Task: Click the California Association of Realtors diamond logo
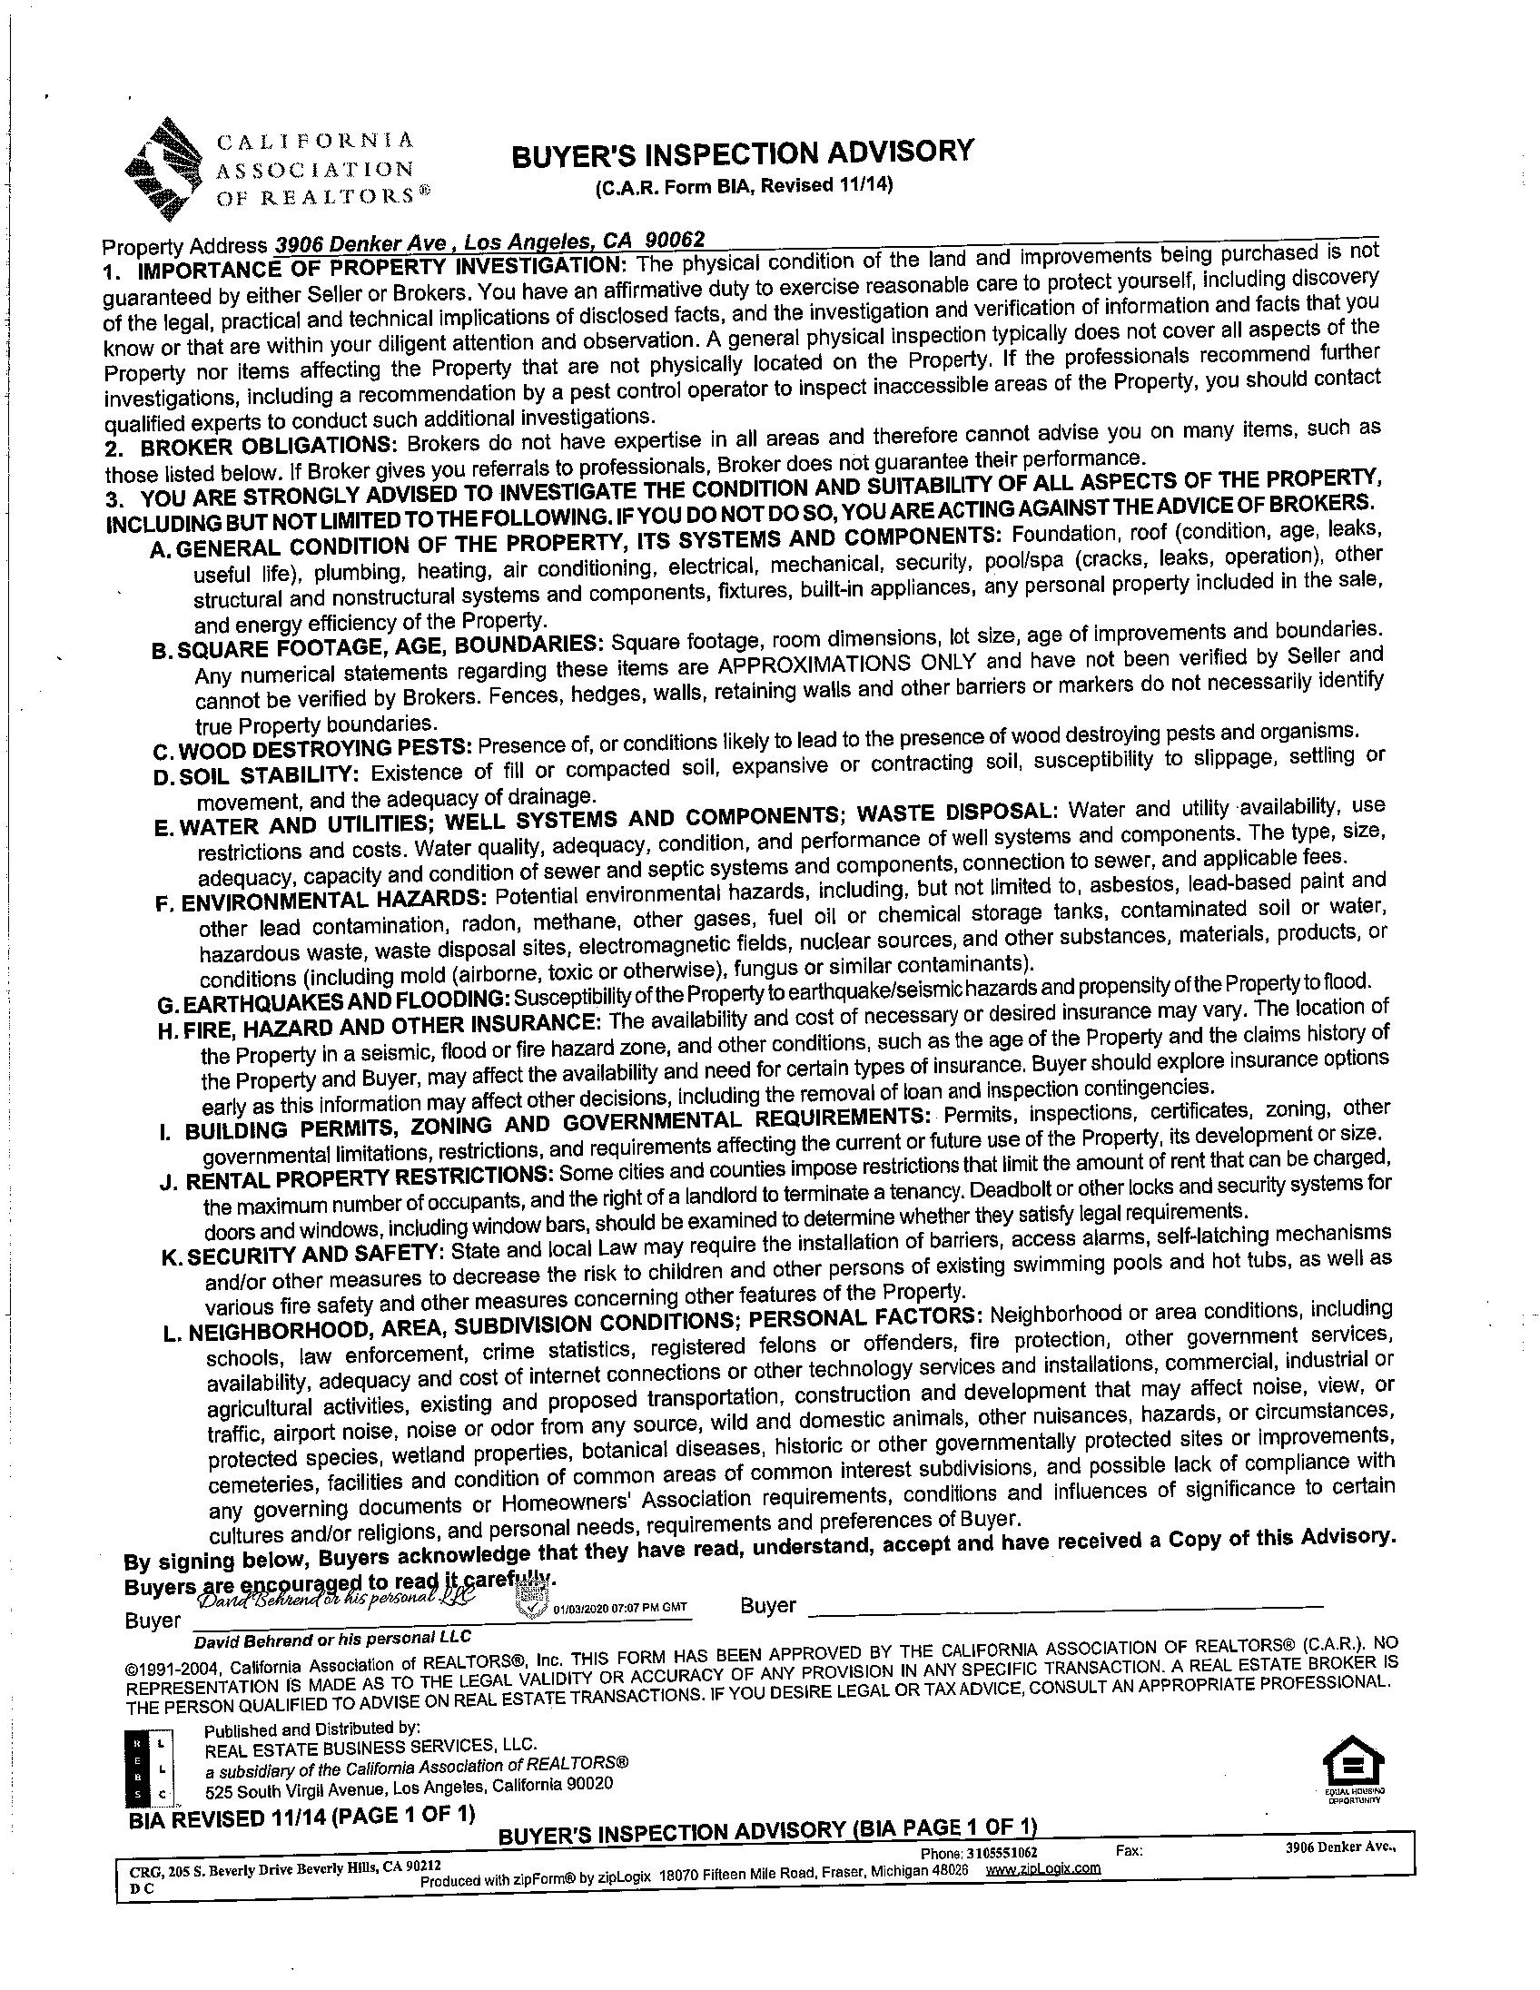tap(167, 170)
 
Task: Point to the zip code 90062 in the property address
tap(674, 240)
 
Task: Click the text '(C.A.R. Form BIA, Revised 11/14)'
tap(743, 187)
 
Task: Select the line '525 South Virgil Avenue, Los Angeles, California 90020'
tap(410, 1787)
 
